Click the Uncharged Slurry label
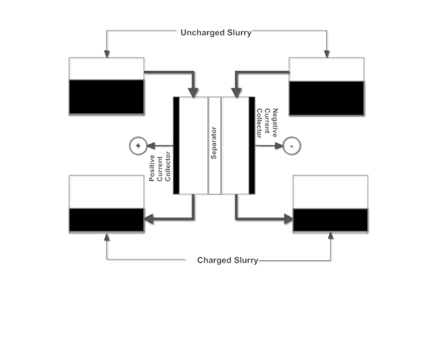point(216,32)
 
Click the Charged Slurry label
point(228,260)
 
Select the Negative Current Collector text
point(267,124)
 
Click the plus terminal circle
point(138,145)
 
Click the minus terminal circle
point(292,145)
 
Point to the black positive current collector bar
point(176,145)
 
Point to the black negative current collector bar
point(252,145)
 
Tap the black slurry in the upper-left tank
point(106,97)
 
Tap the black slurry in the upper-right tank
point(326,98)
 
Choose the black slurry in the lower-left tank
point(106,220)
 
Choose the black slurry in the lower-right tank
point(330,220)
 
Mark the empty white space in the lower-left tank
point(106,192)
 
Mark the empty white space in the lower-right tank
point(330,192)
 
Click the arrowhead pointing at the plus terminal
point(150,145)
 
